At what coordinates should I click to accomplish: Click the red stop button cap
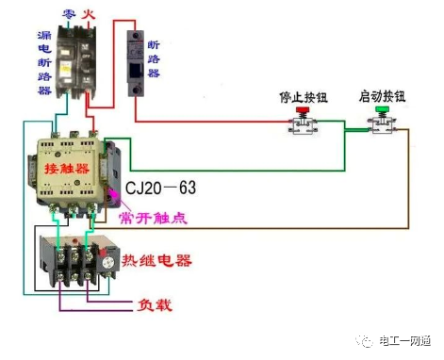[x=303, y=112]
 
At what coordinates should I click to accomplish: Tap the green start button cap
[x=382, y=111]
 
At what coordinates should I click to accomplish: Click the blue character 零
[x=68, y=13]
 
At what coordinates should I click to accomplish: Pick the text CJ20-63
[x=161, y=188]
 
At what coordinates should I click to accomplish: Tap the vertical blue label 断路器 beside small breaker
[x=155, y=58]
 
